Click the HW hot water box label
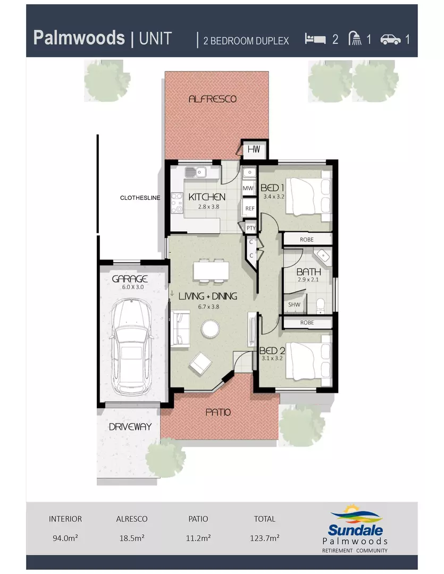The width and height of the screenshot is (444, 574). click(x=253, y=149)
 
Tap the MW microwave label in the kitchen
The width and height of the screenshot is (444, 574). click(x=248, y=188)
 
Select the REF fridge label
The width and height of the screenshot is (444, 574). click(x=249, y=208)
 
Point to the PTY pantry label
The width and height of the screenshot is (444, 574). click(x=251, y=227)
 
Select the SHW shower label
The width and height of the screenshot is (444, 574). click(x=294, y=305)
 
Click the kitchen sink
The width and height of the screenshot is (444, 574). click(x=195, y=172)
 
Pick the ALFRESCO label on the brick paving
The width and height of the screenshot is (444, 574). click(x=212, y=99)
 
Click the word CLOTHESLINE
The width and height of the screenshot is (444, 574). click(x=139, y=198)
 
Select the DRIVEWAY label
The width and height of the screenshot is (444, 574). click(x=130, y=426)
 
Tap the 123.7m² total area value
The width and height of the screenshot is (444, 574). click(x=264, y=537)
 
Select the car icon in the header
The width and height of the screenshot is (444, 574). click(x=390, y=39)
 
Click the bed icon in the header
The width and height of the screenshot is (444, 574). click(x=315, y=39)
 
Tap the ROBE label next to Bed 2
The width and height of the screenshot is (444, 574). click(x=307, y=323)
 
